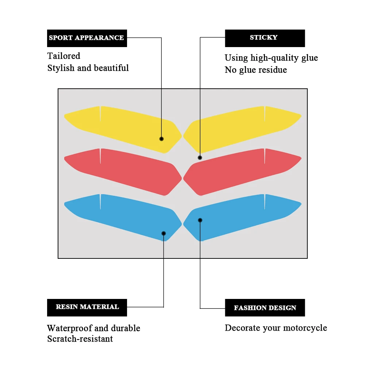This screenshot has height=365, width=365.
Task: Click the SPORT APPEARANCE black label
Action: [x=87, y=38]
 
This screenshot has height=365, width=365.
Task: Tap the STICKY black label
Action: [x=265, y=38]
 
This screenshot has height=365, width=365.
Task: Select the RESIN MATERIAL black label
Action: [x=87, y=307]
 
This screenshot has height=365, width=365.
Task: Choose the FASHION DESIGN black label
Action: [x=265, y=307]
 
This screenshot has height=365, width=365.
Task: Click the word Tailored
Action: [x=64, y=56]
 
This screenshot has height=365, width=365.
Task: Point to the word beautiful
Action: [x=111, y=68]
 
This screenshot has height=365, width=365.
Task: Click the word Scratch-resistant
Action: [x=80, y=339]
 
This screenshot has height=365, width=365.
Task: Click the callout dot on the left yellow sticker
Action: [x=162, y=139]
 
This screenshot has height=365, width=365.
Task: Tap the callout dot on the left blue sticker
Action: [x=164, y=234]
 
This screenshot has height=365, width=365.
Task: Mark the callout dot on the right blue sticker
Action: [x=200, y=220]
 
